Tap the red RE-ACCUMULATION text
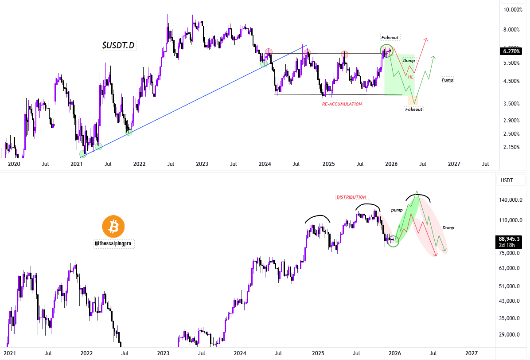(342, 104)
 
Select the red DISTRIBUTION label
(351, 197)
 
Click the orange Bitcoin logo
(113, 227)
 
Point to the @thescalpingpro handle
(113, 243)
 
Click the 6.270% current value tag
(512, 51)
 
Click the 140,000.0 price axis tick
(511, 200)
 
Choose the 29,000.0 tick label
(511, 335)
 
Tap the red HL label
(410, 77)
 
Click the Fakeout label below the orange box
(414, 109)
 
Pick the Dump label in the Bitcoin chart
(448, 227)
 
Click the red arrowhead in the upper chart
(426, 40)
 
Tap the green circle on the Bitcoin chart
(393, 241)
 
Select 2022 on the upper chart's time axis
(139, 164)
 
